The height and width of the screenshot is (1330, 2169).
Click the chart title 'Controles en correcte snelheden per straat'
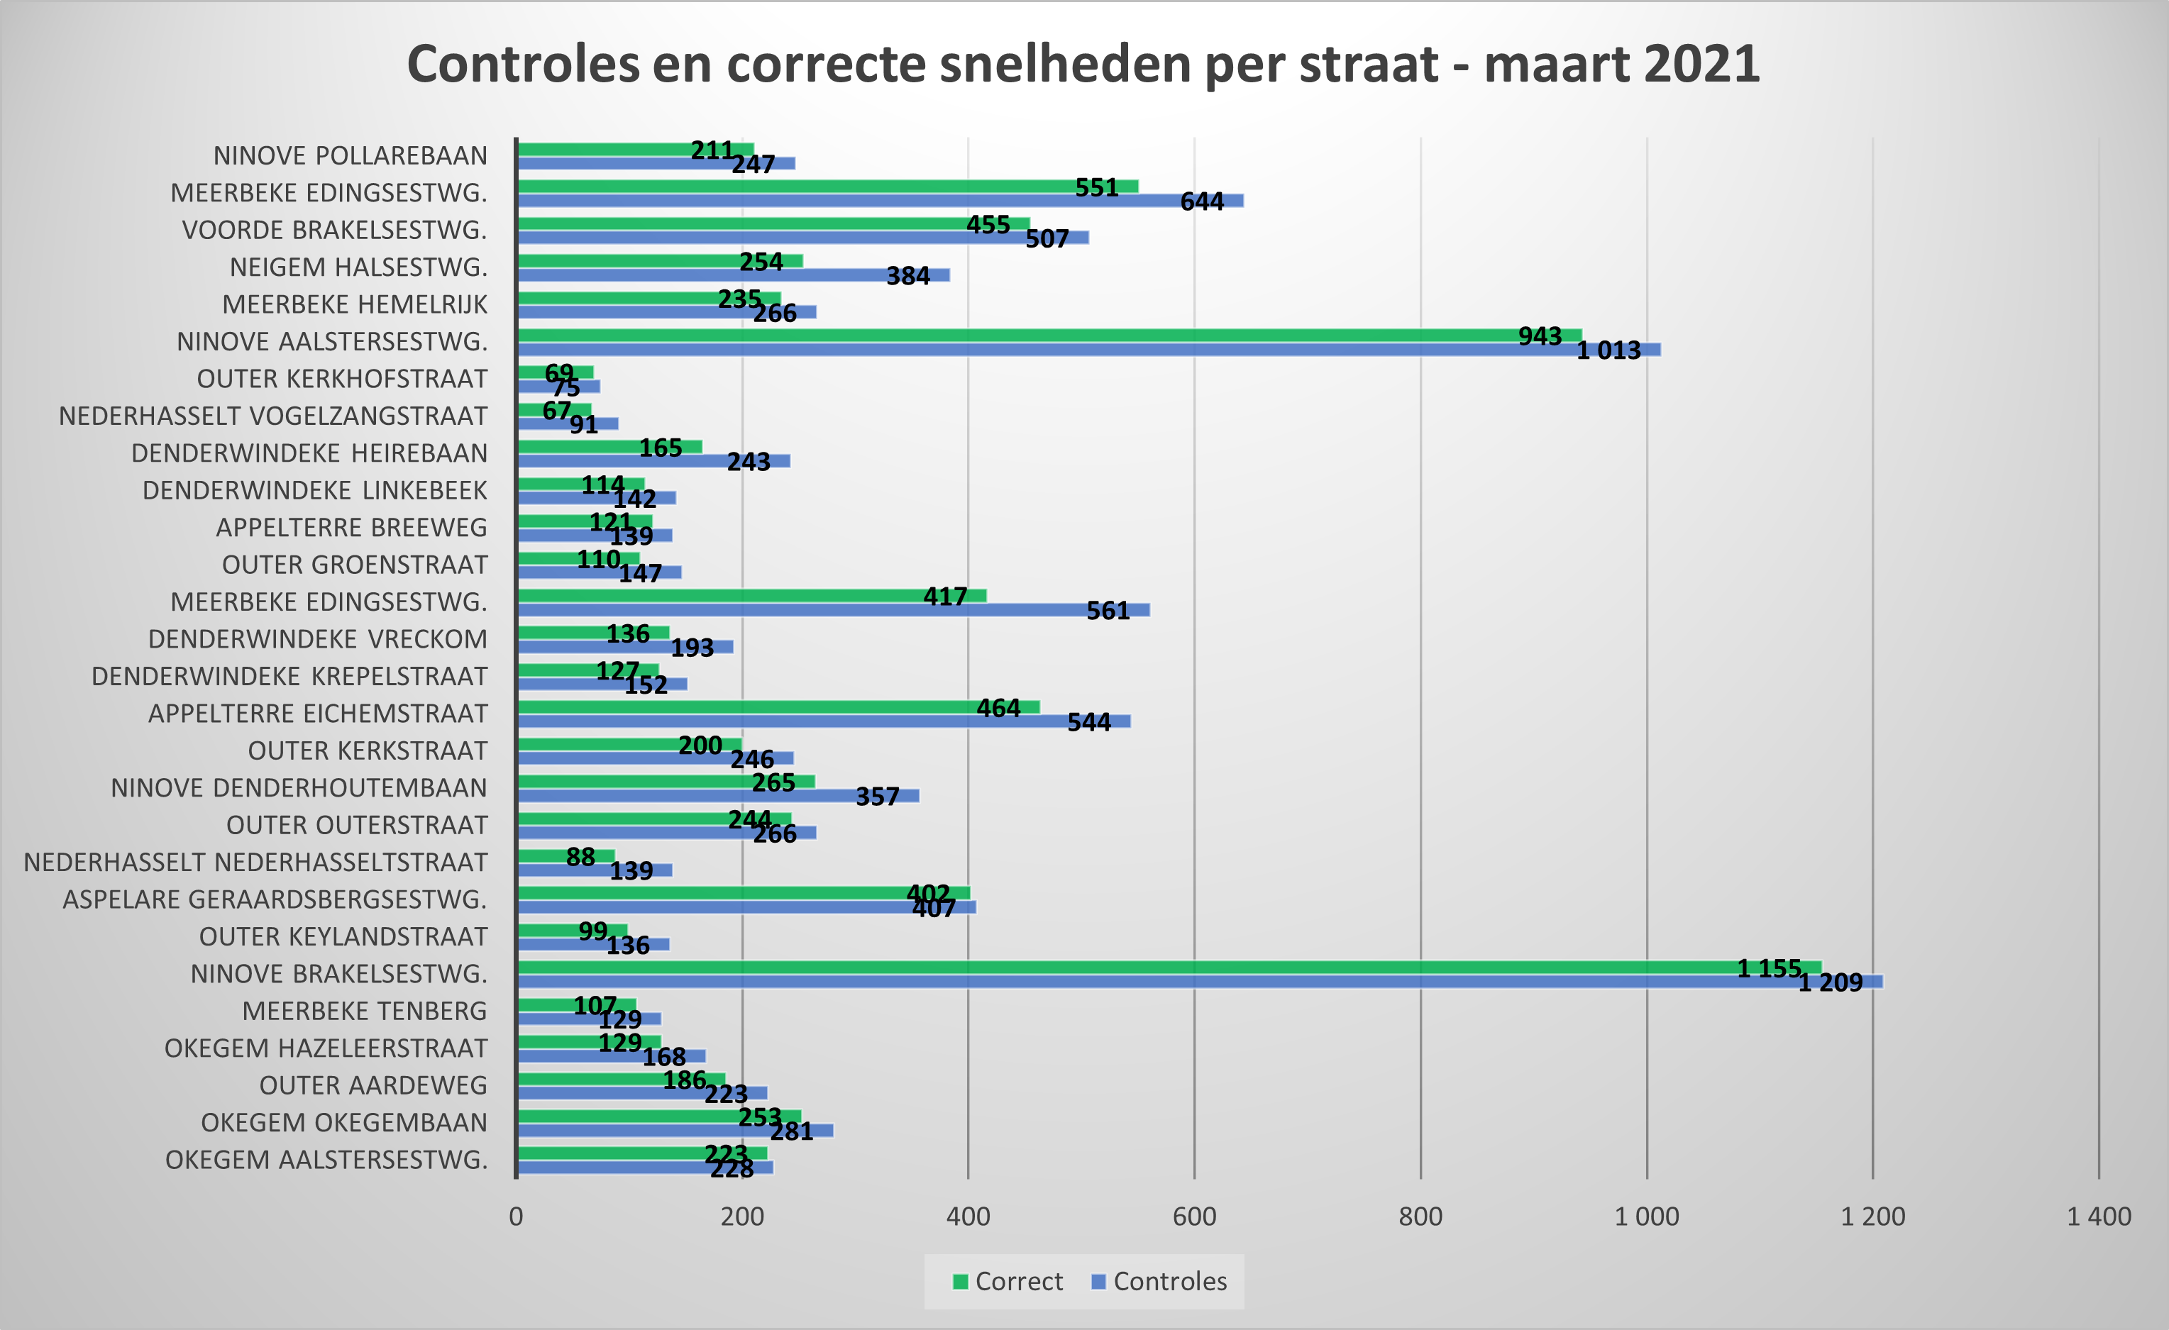point(1083,65)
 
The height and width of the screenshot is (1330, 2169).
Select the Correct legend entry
point(1008,1282)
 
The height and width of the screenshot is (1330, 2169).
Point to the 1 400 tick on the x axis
point(2099,1217)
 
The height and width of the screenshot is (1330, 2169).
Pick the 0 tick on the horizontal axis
point(516,1217)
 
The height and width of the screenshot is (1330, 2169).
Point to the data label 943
point(1540,336)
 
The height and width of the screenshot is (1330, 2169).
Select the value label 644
point(1202,201)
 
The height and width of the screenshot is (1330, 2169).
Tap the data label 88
point(580,856)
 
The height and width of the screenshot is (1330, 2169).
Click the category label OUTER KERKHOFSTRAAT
point(341,379)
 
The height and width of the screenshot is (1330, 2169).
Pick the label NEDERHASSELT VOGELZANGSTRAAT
point(273,416)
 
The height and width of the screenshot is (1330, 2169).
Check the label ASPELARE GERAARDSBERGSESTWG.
point(275,899)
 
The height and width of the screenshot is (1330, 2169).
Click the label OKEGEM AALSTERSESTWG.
point(326,1160)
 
